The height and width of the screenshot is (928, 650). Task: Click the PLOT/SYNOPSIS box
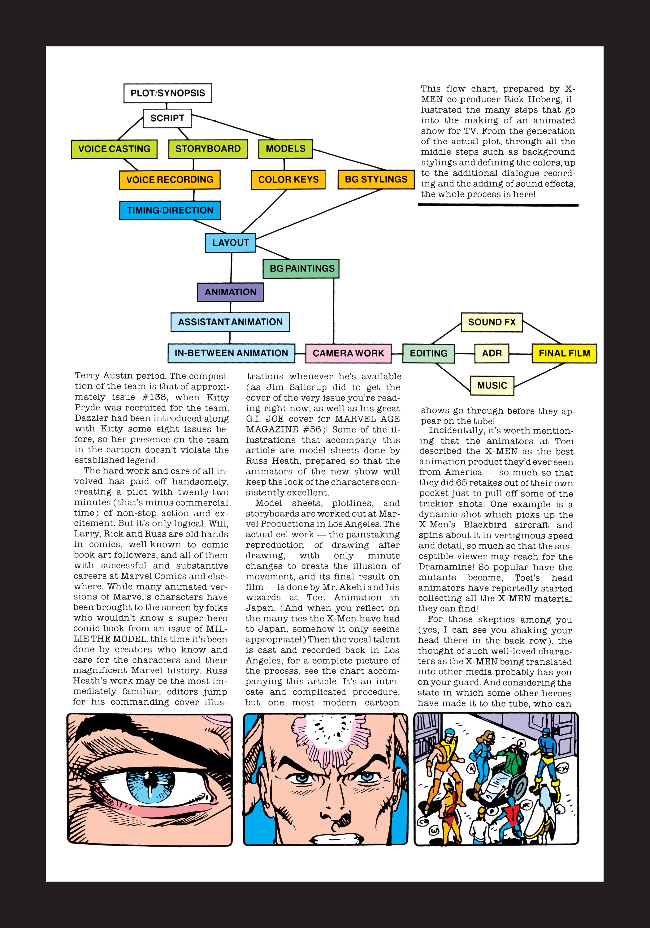(167, 93)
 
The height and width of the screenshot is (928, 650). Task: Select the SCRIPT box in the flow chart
(167, 118)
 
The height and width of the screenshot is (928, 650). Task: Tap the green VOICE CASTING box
(114, 149)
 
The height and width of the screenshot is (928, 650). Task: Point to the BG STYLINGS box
(376, 179)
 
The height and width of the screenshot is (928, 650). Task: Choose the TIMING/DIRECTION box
(170, 210)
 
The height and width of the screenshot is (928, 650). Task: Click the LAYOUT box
(231, 243)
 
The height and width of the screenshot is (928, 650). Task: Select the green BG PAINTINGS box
(302, 269)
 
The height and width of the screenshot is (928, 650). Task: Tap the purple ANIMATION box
(231, 292)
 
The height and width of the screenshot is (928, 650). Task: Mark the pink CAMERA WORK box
(348, 353)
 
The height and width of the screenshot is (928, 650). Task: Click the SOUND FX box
(492, 322)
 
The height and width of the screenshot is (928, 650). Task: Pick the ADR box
(492, 353)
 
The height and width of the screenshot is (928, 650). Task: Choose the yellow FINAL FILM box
(564, 353)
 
